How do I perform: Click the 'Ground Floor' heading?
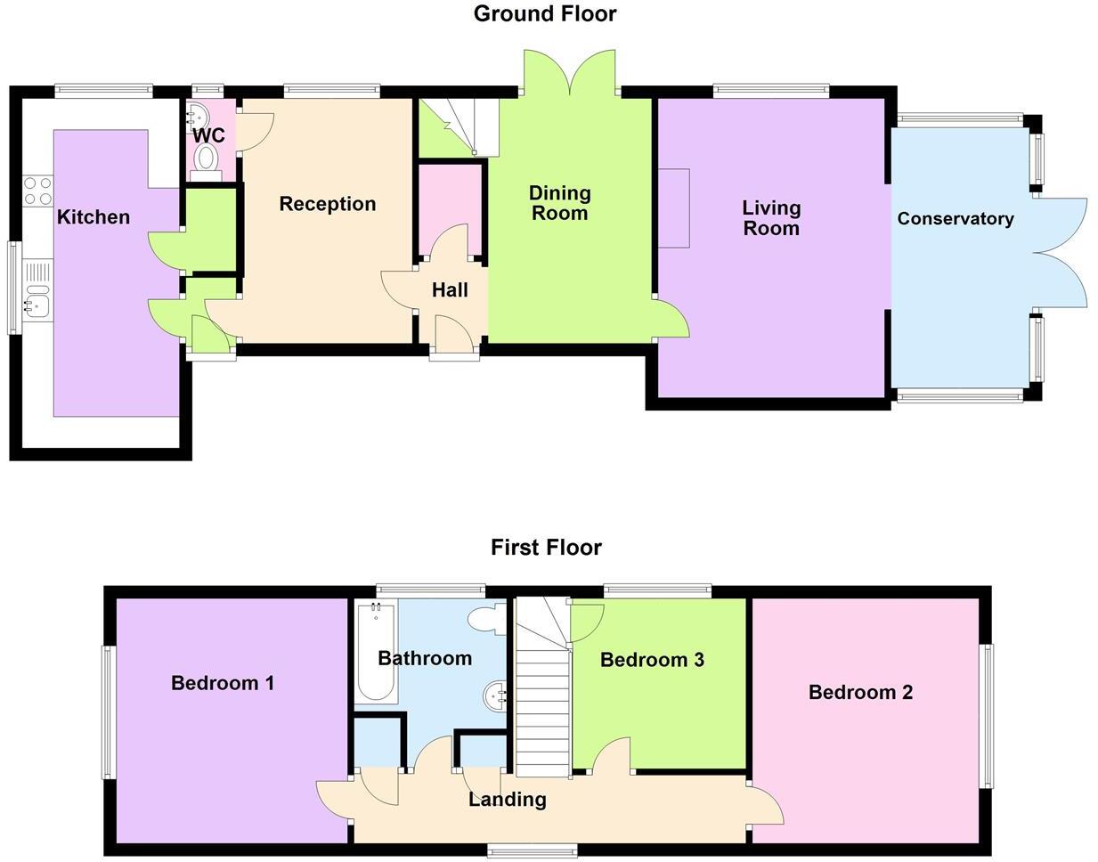[x=544, y=13]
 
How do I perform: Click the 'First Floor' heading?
[x=546, y=547]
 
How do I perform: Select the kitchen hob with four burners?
[x=37, y=191]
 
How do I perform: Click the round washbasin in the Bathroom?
[x=495, y=694]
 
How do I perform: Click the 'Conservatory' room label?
[x=955, y=218]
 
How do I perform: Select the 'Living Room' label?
[x=771, y=218]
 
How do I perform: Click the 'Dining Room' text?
[x=559, y=203]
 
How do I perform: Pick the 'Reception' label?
[x=327, y=204]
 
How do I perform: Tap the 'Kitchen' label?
[x=94, y=217]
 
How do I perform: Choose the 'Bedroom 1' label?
[x=222, y=683]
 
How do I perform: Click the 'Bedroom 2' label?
[x=860, y=692]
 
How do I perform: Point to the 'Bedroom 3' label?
[x=652, y=660]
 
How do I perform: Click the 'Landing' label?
[x=507, y=799]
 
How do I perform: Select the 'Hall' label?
[x=450, y=289]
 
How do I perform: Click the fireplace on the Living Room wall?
[x=673, y=208]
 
